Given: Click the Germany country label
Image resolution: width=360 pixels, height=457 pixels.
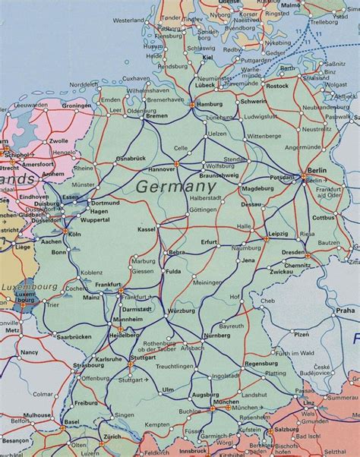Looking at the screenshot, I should tap(175, 186).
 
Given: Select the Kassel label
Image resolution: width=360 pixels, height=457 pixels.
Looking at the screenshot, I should tap(147, 228).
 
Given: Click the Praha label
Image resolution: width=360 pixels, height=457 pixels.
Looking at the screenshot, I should tap(346, 310).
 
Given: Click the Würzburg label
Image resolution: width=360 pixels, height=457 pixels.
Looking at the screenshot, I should tap(182, 311).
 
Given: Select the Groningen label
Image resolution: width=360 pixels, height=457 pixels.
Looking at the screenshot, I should tap(76, 106).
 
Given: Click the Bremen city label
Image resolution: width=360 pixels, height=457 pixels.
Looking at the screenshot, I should tap(157, 115).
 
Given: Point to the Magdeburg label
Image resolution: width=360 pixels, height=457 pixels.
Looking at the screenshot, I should tap(257, 188).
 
